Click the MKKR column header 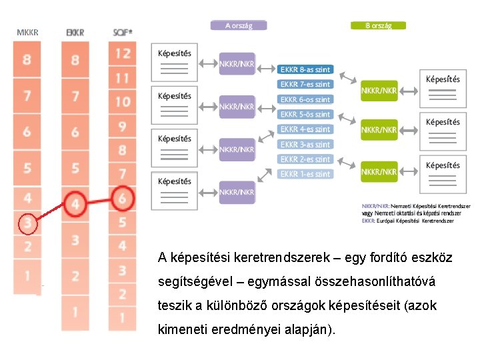pos(27,32)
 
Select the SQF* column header pos(123,32)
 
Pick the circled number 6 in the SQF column pos(123,198)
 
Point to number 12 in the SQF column pos(123,54)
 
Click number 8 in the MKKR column pos(27,60)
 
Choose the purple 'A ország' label pos(238,25)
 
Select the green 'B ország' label pos(378,25)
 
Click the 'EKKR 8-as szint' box pos(305,69)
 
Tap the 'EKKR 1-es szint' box pos(305,174)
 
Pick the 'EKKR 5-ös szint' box pos(305,114)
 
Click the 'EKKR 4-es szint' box pos(305,129)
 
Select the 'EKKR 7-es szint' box pos(305,85)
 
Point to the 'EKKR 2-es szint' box pos(305,159)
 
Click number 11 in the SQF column pos(123,79)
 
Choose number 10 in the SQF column pos(123,102)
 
